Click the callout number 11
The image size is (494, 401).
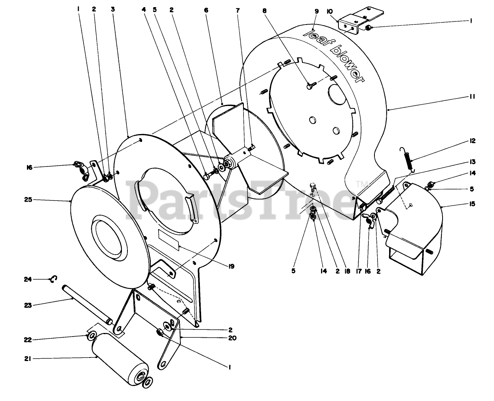click(x=473, y=96)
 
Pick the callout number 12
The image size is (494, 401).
click(x=473, y=141)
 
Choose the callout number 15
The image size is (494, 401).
click(x=473, y=204)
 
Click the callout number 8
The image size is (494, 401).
click(x=264, y=11)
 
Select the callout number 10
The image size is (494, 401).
click(x=329, y=11)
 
